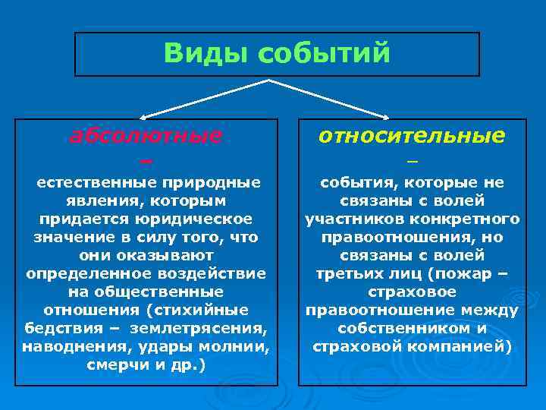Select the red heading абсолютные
tap(146, 136)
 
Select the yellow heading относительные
tap(412, 136)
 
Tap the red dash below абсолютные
tap(146, 161)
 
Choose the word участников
tap(345, 219)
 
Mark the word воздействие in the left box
tap(220, 273)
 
